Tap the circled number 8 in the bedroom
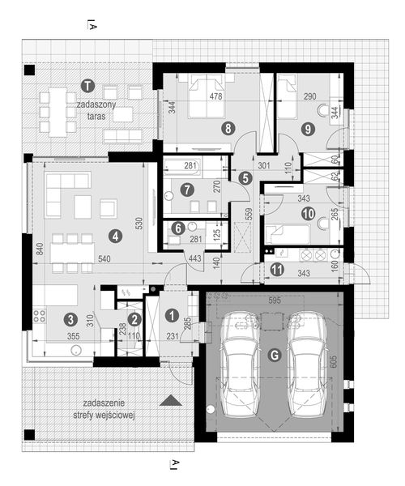229,126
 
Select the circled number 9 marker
308,126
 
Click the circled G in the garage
274,354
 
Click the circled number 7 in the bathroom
187,192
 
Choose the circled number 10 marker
308,214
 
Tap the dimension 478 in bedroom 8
216,97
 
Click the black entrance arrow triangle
169,400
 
